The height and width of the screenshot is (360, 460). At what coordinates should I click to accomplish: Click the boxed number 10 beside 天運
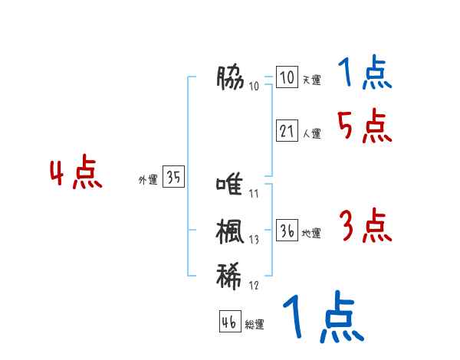(287, 78)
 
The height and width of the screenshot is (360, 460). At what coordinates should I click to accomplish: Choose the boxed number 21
(287, 131)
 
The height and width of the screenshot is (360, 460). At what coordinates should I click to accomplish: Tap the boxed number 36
(287, 231)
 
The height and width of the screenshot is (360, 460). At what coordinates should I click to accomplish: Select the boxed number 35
(173, 178)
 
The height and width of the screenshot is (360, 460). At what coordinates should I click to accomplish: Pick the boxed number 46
(229, 322)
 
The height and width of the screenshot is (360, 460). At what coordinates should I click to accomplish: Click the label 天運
(310, 80)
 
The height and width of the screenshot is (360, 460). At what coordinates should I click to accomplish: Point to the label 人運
(311, 133)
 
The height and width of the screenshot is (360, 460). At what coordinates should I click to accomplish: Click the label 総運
(255, 325)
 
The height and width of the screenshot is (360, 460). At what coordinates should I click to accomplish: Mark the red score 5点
(364, 126)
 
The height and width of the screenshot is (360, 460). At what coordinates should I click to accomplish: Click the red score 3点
(365, 227)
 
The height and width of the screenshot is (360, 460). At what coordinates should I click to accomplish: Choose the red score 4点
(77, 174)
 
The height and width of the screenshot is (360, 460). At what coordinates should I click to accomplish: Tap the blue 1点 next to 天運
(365, 74)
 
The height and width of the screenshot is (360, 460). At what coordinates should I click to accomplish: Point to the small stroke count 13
(254, 240)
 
